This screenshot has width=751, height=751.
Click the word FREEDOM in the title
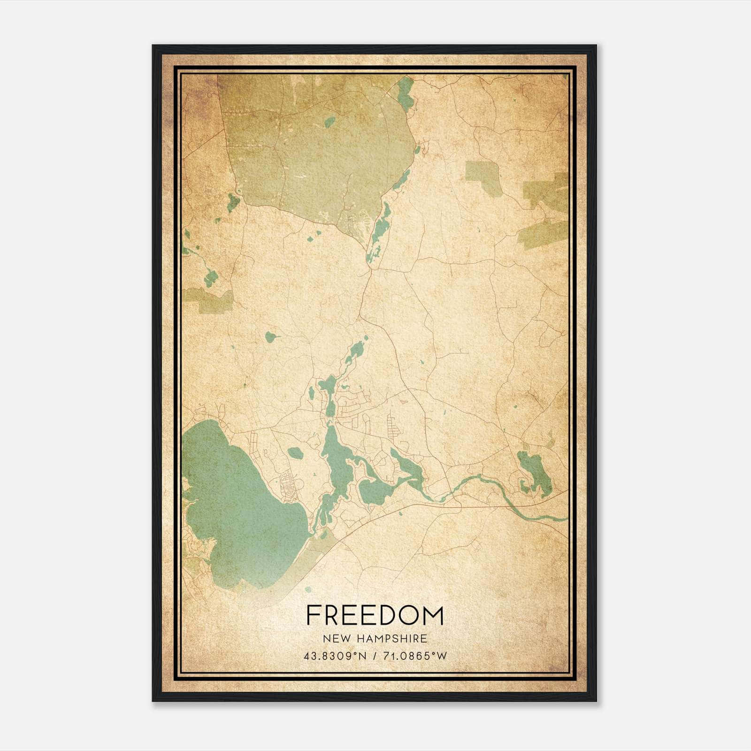point(375,615)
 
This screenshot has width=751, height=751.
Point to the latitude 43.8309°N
point(335,656)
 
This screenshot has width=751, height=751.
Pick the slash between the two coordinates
point(374,656)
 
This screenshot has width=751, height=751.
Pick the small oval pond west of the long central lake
point(294,453)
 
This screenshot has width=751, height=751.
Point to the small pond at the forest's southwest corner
point(233,202)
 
